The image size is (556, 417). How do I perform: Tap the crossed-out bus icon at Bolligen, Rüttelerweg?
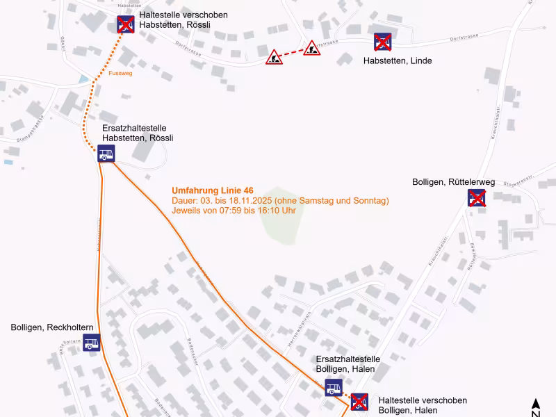[x=476, y=198]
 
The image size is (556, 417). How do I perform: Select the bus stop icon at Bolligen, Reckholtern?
[x=92, y=343]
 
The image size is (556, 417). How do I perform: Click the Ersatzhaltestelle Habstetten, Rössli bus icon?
[x=106, y=154]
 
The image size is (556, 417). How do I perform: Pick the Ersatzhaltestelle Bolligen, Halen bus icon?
[x=334, y=388]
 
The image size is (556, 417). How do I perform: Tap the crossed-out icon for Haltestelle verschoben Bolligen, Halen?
[x=359, y=402]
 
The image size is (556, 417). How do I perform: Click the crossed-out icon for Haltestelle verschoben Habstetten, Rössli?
[x=126, y=25]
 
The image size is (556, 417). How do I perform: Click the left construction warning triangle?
[x=275, y=58]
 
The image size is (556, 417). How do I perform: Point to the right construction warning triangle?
[x=312, y=48]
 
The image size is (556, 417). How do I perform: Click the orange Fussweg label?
[x=120, y=72]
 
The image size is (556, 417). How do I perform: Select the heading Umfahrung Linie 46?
[x=213, y=190]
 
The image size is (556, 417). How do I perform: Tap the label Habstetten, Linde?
[x=398, y=61]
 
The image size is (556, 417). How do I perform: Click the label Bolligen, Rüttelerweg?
[x=453, y=182]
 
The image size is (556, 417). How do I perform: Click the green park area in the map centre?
[x=282, y=215]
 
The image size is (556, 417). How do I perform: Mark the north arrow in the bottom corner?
[x=536, y=407]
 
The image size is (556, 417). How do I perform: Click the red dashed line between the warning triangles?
[x=293, y=53]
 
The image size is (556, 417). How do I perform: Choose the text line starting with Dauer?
[x=280, y=201]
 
